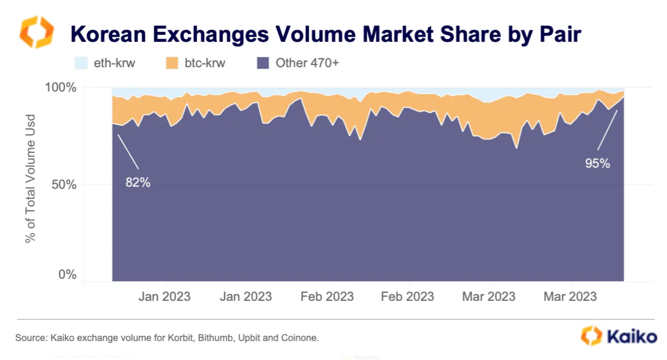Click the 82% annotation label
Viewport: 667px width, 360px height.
(x=138, y=183)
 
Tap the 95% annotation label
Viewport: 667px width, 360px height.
(x=597, y=164)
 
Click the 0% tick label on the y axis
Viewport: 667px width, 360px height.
(x=68, y=274)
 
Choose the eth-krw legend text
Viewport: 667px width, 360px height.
(x=115, y=63)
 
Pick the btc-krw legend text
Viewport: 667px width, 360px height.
(x=204, y=63)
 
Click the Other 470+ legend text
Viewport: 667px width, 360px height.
(x=307, y=63)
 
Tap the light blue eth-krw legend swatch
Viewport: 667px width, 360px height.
(x=81, y=63)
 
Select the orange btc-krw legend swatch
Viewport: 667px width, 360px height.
(x=172, y=63)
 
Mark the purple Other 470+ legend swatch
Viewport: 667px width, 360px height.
(x=263, y=63)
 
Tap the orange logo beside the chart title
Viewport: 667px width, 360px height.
(x=36, y=32)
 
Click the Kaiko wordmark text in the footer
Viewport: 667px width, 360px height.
(x=632, y=337)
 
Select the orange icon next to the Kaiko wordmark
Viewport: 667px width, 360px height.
(x=591, y=336)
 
